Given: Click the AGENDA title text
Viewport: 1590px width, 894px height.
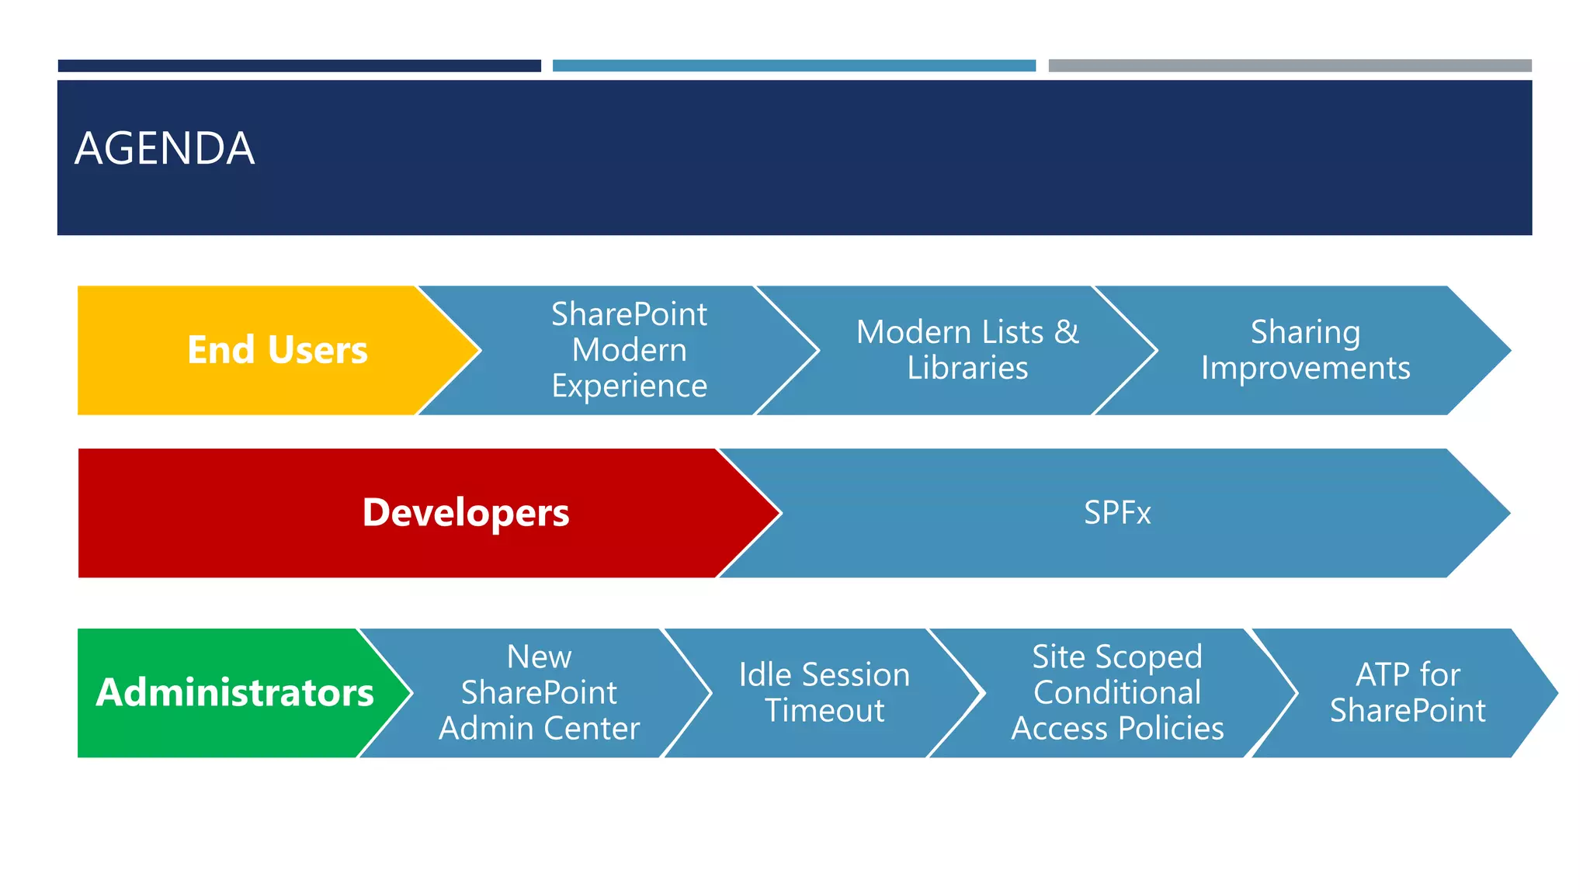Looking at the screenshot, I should tap(165, 149).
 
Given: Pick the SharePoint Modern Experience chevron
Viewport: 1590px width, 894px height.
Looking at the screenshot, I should tap(629, 350).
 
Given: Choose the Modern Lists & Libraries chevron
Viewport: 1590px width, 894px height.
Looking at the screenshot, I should tap(967, 350).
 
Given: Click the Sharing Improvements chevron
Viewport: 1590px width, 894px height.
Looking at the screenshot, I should tap(1305, 350).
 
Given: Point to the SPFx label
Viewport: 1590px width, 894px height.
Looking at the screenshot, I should tap(1116, 513).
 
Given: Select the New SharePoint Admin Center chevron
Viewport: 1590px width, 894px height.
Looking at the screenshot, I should tap(539, 692).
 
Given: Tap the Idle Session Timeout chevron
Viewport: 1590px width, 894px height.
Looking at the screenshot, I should tap(824, 692).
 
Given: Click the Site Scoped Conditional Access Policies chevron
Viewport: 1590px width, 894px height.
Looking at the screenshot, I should tap(1116, 692).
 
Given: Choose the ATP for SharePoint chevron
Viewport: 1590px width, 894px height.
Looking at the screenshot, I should tap(1407, 692).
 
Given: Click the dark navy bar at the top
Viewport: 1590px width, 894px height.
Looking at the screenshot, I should tap(299, 66).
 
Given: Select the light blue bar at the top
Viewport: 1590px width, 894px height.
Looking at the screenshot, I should tap(793, 66).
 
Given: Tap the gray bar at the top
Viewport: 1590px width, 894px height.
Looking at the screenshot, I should tap(1290, 66).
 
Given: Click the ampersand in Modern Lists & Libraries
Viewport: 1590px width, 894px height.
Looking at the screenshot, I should tap(1067, 332).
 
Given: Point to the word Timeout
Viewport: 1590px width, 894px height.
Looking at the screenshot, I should tap(824, 711).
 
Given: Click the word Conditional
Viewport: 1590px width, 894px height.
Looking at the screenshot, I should tap(1116, 692).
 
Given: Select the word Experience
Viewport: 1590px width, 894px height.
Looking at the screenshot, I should tap(629, 386).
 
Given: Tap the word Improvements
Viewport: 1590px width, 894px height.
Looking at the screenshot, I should tap(1305, 369).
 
